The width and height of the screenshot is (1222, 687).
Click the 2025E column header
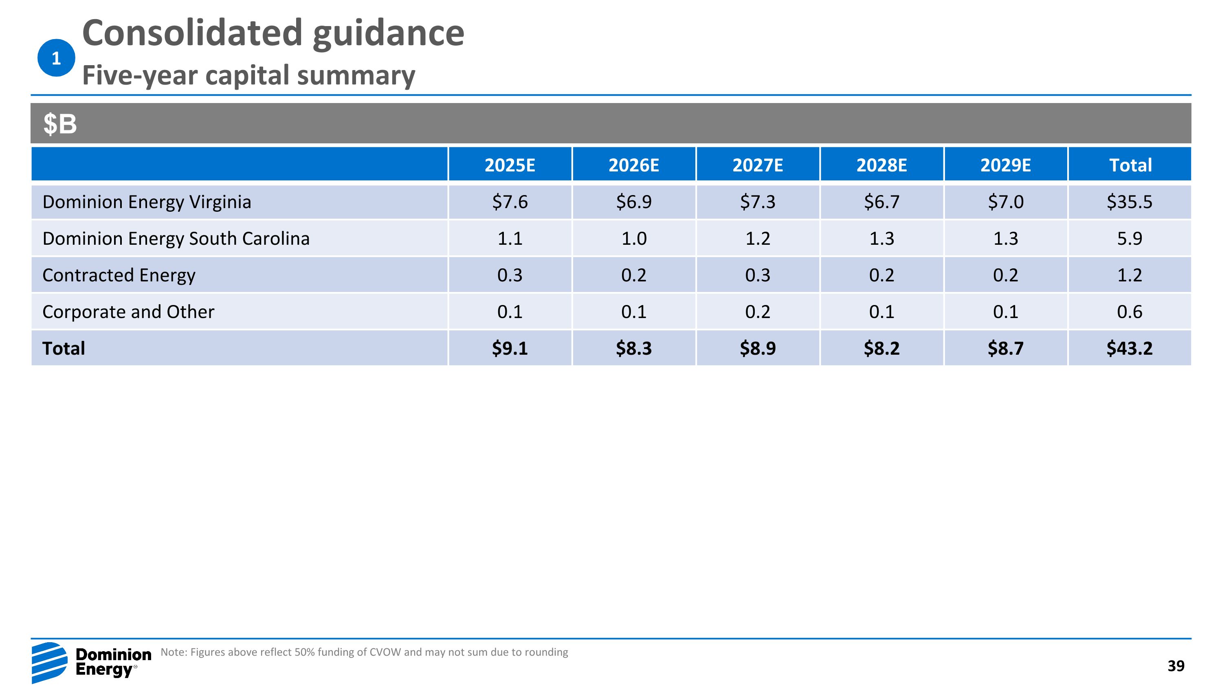tap(510, 165)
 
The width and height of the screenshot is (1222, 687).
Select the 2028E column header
tap(881, 165)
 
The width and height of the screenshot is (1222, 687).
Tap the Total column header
tap(1130, 165)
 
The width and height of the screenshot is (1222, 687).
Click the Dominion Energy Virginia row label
tap(147, 202)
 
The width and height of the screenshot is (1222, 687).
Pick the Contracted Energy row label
tap(119, 275)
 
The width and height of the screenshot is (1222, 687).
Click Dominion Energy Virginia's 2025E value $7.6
tap(510, 202)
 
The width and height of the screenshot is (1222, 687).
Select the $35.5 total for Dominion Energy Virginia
tap(1130, 202)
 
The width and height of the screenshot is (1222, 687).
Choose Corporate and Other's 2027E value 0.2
tap(758, 312)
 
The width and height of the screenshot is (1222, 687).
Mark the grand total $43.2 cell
tap(1130, 349)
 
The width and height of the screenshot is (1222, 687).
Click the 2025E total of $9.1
tap(510, 349)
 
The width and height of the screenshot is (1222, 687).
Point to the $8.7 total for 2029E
tap(1005, 349)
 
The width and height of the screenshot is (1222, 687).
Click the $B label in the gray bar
tap(60, 124)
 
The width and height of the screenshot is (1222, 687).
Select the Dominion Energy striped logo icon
tap(50, 662)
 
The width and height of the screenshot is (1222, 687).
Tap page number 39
tap(1176, 666)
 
